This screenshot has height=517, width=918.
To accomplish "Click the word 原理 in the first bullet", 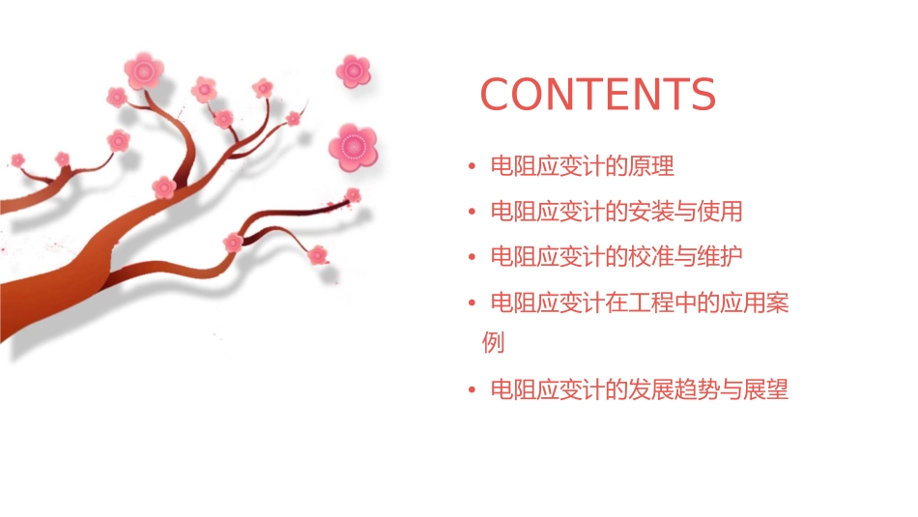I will (650, 166).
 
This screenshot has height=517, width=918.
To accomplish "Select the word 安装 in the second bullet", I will (650, 212).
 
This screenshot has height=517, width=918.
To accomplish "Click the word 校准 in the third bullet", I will (650, 257).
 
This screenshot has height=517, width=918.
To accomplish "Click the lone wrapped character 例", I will (493, 342).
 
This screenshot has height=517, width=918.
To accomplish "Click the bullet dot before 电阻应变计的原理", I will (472, 167).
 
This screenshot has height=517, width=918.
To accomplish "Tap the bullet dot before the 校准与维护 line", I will (472, 258).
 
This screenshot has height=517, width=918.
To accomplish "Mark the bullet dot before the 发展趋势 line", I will (472, 391).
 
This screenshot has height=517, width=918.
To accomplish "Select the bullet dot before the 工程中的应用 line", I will (472, 304).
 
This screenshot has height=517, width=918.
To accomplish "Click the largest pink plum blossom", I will (352, 147).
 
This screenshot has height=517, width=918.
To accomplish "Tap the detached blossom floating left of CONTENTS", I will (354, 71).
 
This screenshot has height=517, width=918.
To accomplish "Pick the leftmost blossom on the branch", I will (17, 159).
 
